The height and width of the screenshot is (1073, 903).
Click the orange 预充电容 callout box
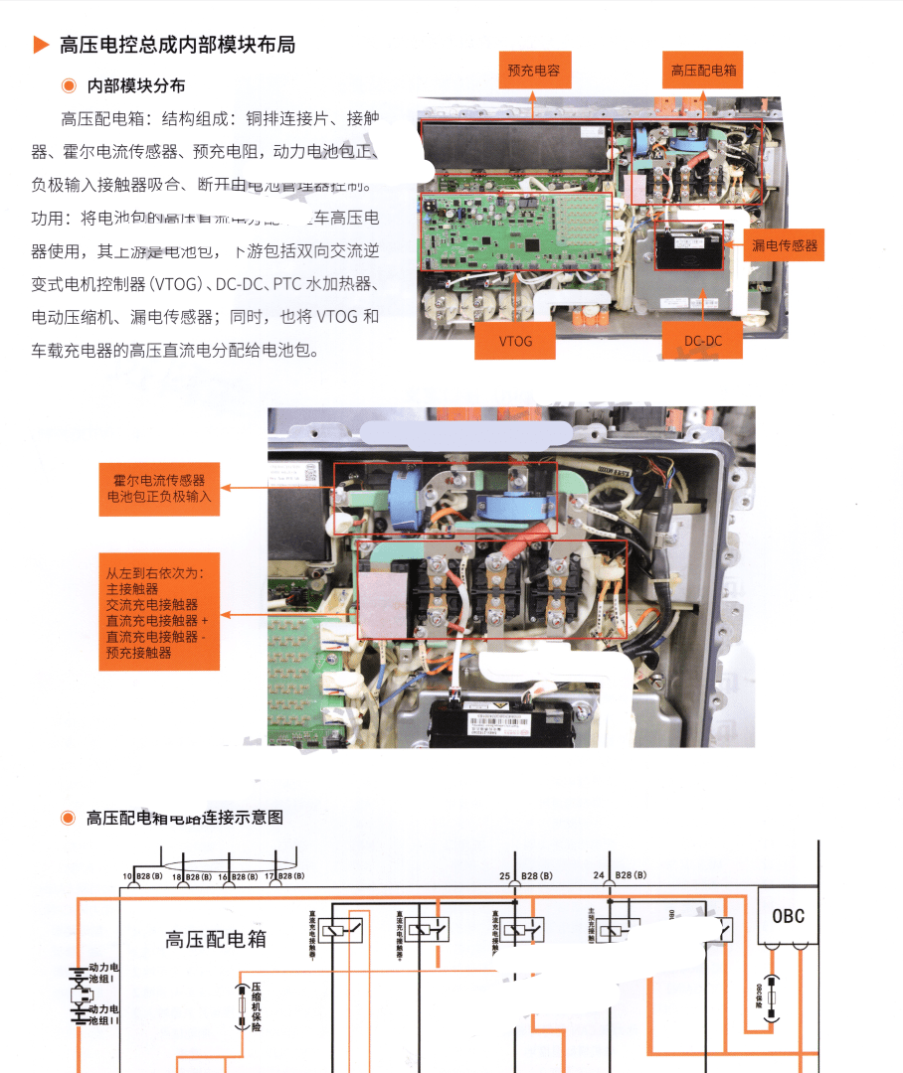(x=534, y=71)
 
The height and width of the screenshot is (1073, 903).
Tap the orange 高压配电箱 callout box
(x=703, y=71)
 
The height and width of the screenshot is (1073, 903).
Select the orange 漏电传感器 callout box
(x=785, y=245)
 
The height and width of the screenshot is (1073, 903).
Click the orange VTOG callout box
(x=516, y=340)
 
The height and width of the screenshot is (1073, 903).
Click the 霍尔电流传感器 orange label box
(x=158, y=488)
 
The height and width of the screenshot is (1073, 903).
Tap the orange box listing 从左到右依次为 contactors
(x=158, y=613)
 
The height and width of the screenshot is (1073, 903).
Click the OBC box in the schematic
(x=789, y=916)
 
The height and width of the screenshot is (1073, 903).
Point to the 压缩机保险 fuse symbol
(x=240, y=1005)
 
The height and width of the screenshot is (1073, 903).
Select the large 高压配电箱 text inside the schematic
(x=216, y=939)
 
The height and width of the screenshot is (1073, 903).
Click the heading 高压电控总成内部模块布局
(x=177, y=45)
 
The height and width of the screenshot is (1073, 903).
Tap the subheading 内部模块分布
(x=136, y=86)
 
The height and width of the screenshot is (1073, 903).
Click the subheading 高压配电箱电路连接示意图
(x=184, y=818)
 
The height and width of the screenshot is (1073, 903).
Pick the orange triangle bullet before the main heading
(x=41, y=45)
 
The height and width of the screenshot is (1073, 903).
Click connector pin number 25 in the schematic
(x=505, y=875)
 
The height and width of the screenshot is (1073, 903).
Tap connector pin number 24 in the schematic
(x=599, y=875)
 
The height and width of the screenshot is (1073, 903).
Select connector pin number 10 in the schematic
(x=127, y=876)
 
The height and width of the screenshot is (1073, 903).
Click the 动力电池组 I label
(x=102, y=973)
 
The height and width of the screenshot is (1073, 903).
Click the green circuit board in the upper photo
(x=517, y=230)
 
